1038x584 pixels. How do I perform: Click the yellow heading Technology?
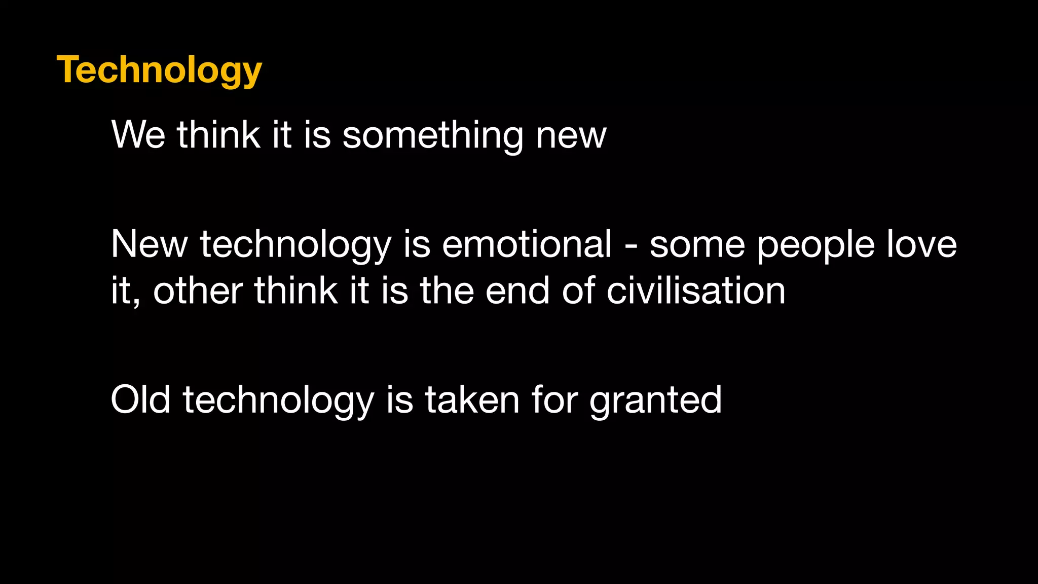159,70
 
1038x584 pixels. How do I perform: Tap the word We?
138,135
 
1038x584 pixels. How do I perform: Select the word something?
433,136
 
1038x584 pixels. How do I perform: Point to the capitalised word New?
149,244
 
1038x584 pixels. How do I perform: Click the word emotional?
527,244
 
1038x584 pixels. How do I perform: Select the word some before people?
697,244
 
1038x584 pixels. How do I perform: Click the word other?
198,291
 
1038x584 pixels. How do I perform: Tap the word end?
517,291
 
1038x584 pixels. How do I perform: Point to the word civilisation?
696,291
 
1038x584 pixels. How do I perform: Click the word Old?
140,399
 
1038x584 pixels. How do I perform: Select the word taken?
472,399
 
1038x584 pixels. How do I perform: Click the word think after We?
218,135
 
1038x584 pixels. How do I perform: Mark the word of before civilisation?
577,291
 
